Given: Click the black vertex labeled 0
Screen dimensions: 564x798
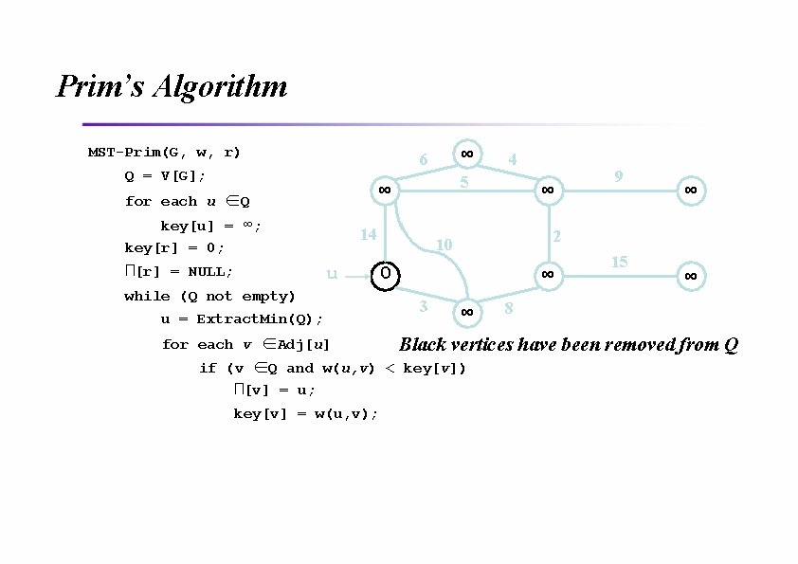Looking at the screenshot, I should [386, 274].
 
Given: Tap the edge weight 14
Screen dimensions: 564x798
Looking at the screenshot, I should [368, 234].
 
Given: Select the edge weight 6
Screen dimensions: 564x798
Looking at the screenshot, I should [424, 160].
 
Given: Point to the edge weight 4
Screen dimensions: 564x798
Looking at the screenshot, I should [512, 160].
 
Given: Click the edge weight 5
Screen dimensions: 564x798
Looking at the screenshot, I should [463, 181].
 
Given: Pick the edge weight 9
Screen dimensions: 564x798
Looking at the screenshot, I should [618, 175].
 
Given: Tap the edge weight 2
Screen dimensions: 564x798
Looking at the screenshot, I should [557, 235].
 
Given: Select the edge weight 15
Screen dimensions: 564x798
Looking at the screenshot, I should [619, 262].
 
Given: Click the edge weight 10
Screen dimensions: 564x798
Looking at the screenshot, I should [443, 246].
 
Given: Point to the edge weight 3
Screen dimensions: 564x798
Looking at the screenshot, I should [423, 305].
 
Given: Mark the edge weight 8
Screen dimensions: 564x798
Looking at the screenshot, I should [509, 308].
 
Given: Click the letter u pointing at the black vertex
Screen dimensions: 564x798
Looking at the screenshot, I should [332, 274].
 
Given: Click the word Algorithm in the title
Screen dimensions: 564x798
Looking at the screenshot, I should [220, 87].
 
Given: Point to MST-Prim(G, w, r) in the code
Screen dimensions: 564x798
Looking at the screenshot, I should [164, 152].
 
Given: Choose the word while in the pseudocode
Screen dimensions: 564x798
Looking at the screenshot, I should [144, 296].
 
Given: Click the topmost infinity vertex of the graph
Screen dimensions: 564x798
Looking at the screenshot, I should [467, 154].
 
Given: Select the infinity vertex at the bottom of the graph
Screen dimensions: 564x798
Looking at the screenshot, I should [466, 311].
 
